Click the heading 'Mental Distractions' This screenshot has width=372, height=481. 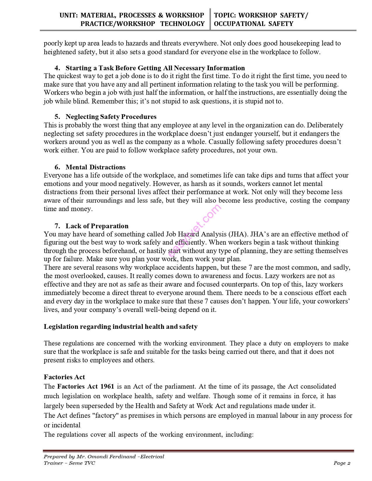coord(95,167)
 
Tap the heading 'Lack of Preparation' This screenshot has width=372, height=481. coord(97,226)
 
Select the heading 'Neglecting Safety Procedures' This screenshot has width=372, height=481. coord(111,117)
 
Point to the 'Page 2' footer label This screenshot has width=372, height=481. coord(342,463)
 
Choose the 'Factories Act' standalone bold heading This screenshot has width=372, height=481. coord(64,377)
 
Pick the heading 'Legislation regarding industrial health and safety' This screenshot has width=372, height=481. coord(120,326)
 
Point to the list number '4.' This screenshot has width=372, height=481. coord(57,68)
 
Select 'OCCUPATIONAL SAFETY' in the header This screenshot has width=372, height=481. coord(254,24)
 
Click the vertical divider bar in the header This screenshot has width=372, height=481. coord(210,19)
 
